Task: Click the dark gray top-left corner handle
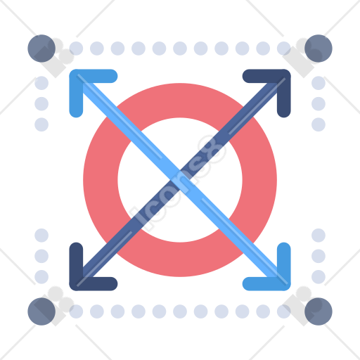[41, 49]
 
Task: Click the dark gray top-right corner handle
[319, 49]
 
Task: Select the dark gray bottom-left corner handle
[41, 311]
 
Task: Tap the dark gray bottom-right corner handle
[319, 311]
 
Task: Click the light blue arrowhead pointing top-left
[77, 77]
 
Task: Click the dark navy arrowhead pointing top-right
[283, 77]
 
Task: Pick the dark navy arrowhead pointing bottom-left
[77, 283]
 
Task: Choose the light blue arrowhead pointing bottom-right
[283, 283]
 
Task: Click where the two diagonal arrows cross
[180, 180]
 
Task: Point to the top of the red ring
[180, 101]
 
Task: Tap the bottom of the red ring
[180, 259]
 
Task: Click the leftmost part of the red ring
[101, 180]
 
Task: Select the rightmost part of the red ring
[259, 180]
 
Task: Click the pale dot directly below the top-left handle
[41, 83]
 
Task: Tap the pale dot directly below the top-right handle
[319, 83]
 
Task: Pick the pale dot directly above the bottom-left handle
[41, 277]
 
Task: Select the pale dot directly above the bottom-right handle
[319, 277]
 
